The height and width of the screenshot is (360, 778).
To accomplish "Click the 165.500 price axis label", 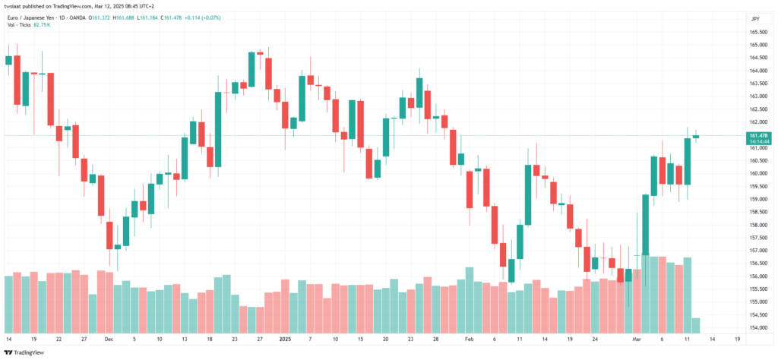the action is [757, 32].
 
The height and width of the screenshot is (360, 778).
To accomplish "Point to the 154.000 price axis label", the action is [757, 328].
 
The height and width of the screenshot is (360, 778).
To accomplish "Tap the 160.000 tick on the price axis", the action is [757, 174].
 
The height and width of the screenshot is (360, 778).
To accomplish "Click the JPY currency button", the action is [756, 19].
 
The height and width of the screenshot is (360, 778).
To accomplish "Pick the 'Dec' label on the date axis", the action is [109, 339].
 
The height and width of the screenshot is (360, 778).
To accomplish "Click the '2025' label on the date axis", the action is [286, 339].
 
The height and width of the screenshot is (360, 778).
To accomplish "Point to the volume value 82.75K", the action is [43, 24].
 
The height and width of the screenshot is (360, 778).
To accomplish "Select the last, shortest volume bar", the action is [696, 325].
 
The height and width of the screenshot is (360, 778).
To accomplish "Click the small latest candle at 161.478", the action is [696, 137].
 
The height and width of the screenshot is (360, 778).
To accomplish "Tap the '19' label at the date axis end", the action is [737, 339].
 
